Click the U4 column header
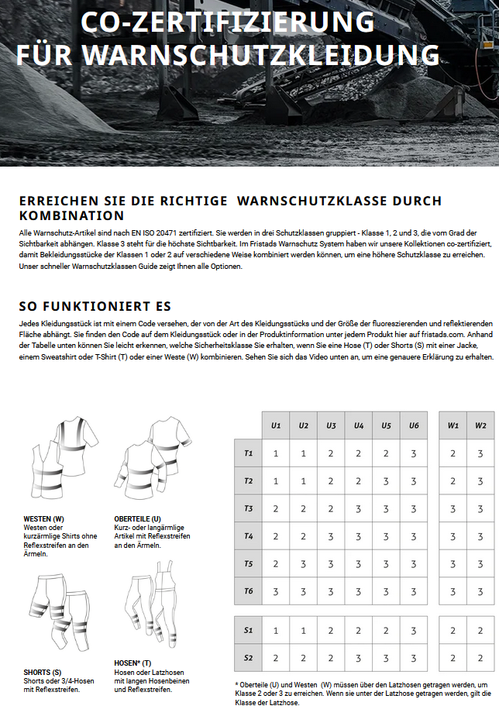coord(359,425)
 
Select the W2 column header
coord(480,425)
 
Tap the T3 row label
coord(249,508)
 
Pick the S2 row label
coord(249,658)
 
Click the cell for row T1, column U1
coord(276,453)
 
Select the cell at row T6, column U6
coord(414,591)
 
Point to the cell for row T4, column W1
coord(453,536)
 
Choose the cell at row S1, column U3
coord(331,631)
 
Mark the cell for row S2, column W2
coord(480,658)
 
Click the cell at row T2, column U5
coord(386,481)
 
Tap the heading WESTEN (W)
coord(44,518)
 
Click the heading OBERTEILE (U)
coord(138,518)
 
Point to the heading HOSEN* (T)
coord(133,663)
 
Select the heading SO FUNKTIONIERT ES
coord(95,306)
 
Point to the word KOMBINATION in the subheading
coord(71,215)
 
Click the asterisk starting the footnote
coord(236,684)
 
